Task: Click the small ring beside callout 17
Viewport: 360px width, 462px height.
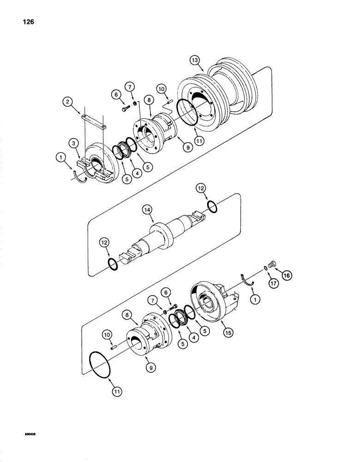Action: [x=264, y=269]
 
